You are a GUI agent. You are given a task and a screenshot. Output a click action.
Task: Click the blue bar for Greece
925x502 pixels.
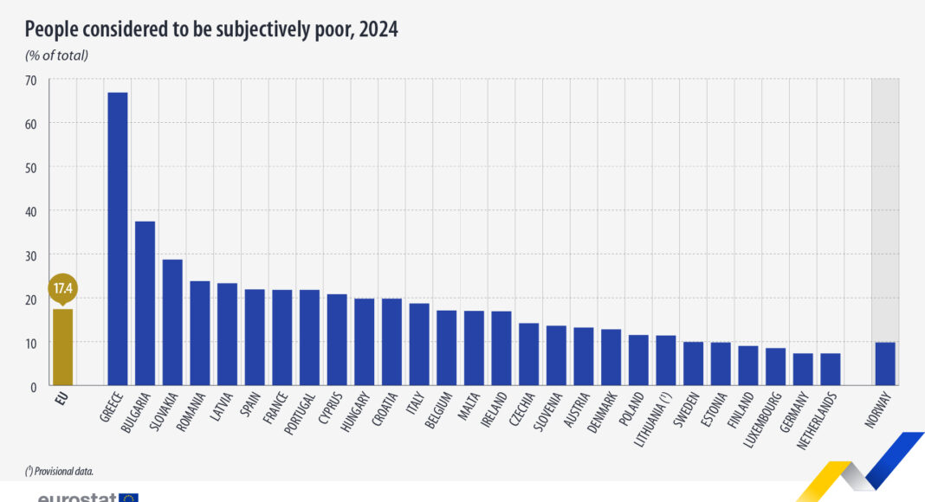117,238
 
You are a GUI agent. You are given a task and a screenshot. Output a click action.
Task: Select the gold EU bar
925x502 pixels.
62,347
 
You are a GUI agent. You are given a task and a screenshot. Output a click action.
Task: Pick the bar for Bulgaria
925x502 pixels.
145,303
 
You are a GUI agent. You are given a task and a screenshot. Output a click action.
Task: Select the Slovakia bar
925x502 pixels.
172,322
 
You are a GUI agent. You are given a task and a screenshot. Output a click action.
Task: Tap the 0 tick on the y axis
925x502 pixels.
34,386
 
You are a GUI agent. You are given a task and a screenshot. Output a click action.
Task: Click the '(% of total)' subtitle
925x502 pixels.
57,56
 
